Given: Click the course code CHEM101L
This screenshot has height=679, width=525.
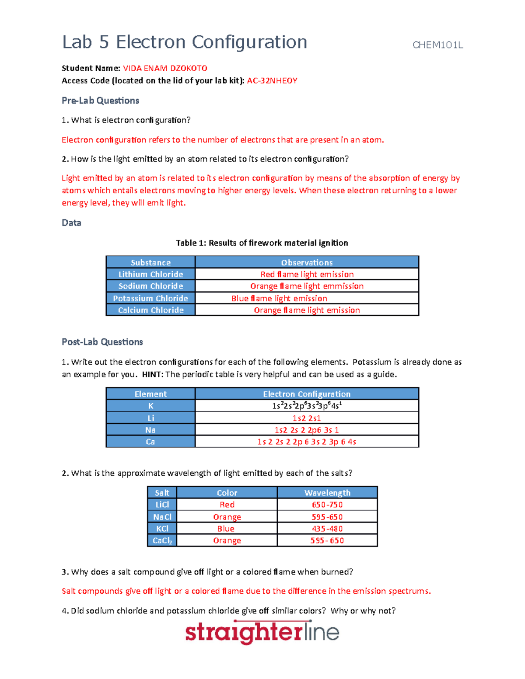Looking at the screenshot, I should (437, 45).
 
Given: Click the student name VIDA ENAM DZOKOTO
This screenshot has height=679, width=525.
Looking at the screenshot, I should (165, 68).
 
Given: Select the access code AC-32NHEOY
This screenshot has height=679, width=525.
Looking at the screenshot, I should (272, 80).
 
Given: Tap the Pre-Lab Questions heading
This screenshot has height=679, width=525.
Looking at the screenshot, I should (100, 101).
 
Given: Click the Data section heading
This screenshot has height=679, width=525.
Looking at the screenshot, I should (71, 223).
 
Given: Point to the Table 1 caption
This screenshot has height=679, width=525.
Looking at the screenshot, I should (262, 243).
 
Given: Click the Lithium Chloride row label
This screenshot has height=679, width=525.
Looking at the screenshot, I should (150, 274).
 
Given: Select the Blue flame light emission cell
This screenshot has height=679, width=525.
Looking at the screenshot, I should (279, 298).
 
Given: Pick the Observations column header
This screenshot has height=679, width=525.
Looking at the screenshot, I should (307, 262).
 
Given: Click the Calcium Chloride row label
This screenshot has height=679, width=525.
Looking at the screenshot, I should (150, 310).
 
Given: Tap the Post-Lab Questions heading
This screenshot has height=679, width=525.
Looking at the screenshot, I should (102, 342).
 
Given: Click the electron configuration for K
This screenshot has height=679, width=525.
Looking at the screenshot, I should (307, 406).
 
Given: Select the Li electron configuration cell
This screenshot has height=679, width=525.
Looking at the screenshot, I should (307, 418).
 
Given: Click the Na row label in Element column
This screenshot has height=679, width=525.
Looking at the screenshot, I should (150, 430).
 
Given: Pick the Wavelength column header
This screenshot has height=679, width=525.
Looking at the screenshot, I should (327, 493).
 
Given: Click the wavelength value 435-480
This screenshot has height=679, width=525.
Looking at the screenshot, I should (327, 529).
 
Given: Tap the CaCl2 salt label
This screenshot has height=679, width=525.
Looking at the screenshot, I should (162, 540).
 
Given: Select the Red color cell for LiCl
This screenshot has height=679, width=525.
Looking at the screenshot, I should (227, 505).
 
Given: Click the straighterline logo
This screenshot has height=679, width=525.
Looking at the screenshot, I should (262, 633).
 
